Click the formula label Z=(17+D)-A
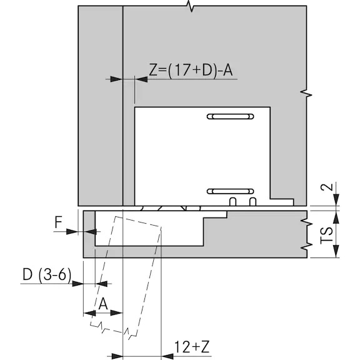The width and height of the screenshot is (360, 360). (x=191, y=70)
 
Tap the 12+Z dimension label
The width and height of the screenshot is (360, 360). (x=192, y=347)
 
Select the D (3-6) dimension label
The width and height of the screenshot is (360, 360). (x=47, y=274)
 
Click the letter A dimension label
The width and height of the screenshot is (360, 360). (x=103, y=304)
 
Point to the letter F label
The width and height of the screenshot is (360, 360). (x=59, y=222)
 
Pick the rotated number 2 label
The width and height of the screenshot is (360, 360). (x=327, y=187)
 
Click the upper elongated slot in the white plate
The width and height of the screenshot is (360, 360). (x=230, y=116)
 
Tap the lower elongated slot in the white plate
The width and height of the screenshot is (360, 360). (x=230, y=191)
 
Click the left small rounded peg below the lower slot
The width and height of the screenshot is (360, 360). (x=232, y=202)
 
